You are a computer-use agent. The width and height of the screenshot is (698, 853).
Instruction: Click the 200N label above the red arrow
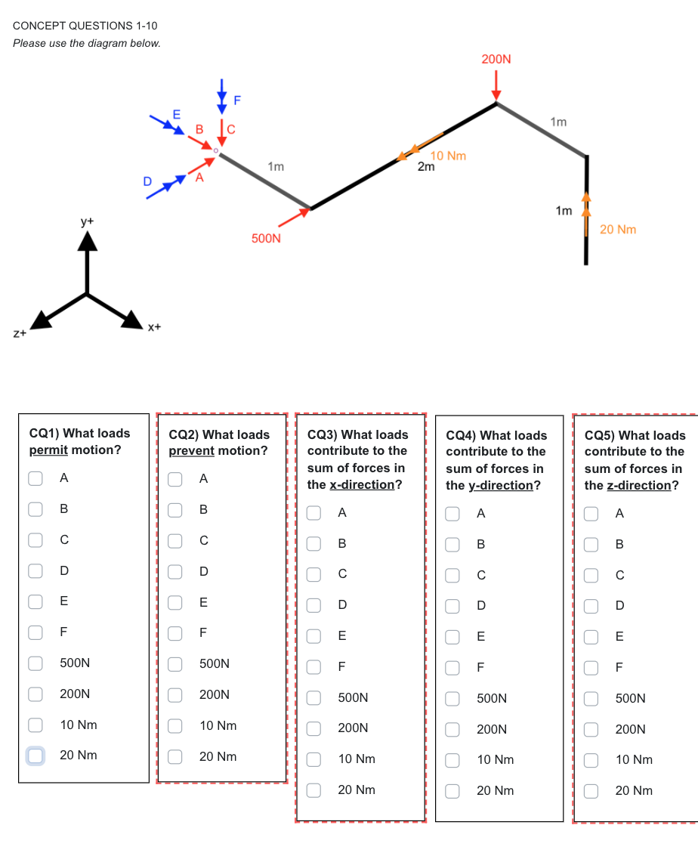[496, 58]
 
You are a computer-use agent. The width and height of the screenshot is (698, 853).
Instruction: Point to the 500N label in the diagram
[266, 239]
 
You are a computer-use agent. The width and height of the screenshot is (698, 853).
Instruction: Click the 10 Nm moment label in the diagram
[449, 156]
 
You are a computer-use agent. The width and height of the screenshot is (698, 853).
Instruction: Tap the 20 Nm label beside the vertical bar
[618, 229]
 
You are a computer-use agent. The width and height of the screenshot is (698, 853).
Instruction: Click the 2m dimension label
[426, 167]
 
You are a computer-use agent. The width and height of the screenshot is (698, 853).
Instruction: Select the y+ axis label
[88, 221]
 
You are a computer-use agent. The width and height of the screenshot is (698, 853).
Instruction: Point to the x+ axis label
[153, 327]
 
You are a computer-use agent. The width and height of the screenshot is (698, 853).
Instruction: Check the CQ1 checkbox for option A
[36, 477]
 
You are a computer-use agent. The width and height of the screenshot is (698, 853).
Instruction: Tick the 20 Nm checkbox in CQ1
[36, 755]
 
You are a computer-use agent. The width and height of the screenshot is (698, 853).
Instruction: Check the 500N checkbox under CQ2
[174, 663]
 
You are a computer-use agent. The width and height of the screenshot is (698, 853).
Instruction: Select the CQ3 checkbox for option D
[313, 604]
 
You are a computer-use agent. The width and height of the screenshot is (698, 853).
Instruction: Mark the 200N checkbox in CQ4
[452, 729]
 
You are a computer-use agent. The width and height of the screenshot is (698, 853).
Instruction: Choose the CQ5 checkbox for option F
[591, 667]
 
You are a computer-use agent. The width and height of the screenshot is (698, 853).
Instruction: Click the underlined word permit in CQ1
[48, 450]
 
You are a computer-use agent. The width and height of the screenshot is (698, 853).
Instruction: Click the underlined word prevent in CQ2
[191, 451]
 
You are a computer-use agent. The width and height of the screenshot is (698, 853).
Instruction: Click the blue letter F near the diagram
[237, 99]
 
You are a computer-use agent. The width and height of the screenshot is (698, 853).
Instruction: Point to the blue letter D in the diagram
[148, 181]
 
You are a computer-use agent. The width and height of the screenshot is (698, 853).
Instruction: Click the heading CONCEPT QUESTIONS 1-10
[85, 26]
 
